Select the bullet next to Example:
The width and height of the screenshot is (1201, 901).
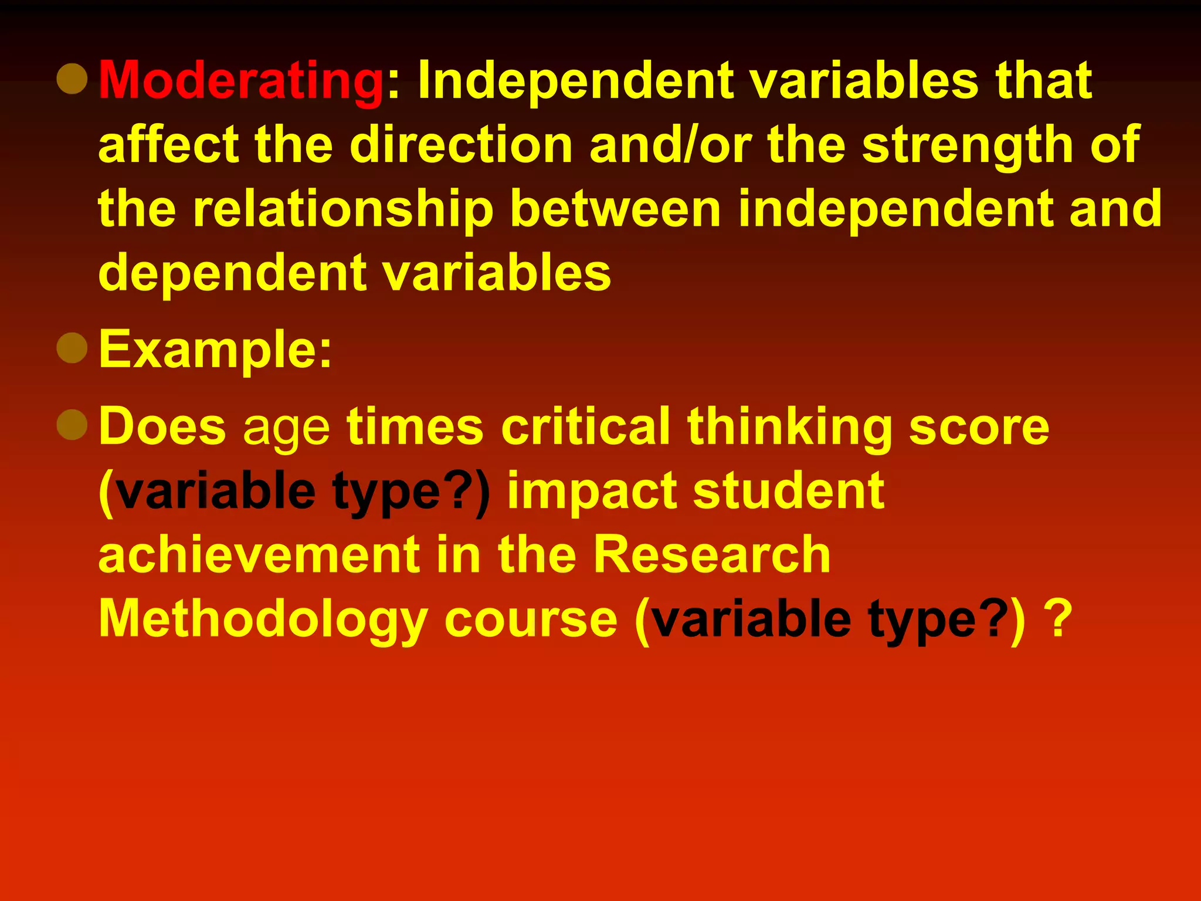pos(72,347)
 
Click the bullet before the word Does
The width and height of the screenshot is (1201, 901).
pos(72,424)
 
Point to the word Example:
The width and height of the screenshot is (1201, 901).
pos(215,350)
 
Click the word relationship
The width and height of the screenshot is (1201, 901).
pos(343,209)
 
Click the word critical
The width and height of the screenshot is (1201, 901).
pos(585,426)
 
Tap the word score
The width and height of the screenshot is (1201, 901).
pos(979,427)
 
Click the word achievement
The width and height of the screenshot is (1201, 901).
pos(259,554)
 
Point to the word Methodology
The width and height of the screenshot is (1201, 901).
pos(262,621)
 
